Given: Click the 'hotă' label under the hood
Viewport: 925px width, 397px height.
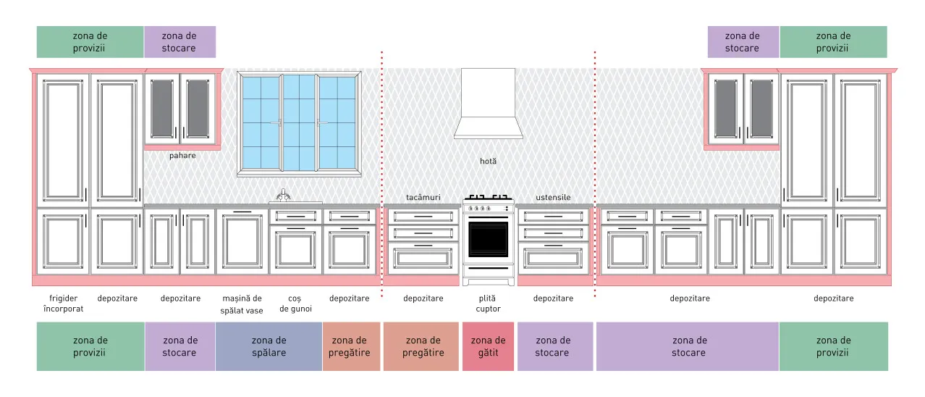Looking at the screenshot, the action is coord(488,161).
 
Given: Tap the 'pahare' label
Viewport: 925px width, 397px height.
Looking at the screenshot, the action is coord(182,156).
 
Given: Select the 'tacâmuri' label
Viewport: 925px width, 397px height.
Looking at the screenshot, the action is coord(423,198).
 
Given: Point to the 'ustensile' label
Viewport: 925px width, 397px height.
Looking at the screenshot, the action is coord(554,198).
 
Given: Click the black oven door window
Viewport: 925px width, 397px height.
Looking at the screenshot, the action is coord(488,239).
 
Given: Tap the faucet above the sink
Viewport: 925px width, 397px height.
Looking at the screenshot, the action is coord(283,195).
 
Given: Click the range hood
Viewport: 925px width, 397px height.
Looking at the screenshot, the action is coord(488,104).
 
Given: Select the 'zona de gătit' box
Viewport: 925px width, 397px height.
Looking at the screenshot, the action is coord(488,346).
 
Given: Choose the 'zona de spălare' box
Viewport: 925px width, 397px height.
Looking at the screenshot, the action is coord(269,346).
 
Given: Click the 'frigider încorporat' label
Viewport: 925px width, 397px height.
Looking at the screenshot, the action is coord(63,304).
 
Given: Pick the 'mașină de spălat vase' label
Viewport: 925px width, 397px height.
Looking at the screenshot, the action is coord(242,304).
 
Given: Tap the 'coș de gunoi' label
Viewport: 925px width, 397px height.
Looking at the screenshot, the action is coord(295,304).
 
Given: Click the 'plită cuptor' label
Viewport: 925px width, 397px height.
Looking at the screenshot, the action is coord(488,304).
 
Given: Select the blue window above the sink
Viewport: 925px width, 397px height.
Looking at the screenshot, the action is coord(299,124).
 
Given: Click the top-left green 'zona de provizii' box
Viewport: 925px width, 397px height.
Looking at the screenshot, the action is coord(90,42).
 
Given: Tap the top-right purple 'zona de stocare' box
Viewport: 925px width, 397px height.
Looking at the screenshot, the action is coord(743,42).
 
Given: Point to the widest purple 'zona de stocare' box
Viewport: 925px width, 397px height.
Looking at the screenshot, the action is coord(688,346).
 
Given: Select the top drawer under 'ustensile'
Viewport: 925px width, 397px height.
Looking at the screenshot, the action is coord(554,217).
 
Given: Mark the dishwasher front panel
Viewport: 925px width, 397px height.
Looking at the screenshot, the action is coord(242,242).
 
